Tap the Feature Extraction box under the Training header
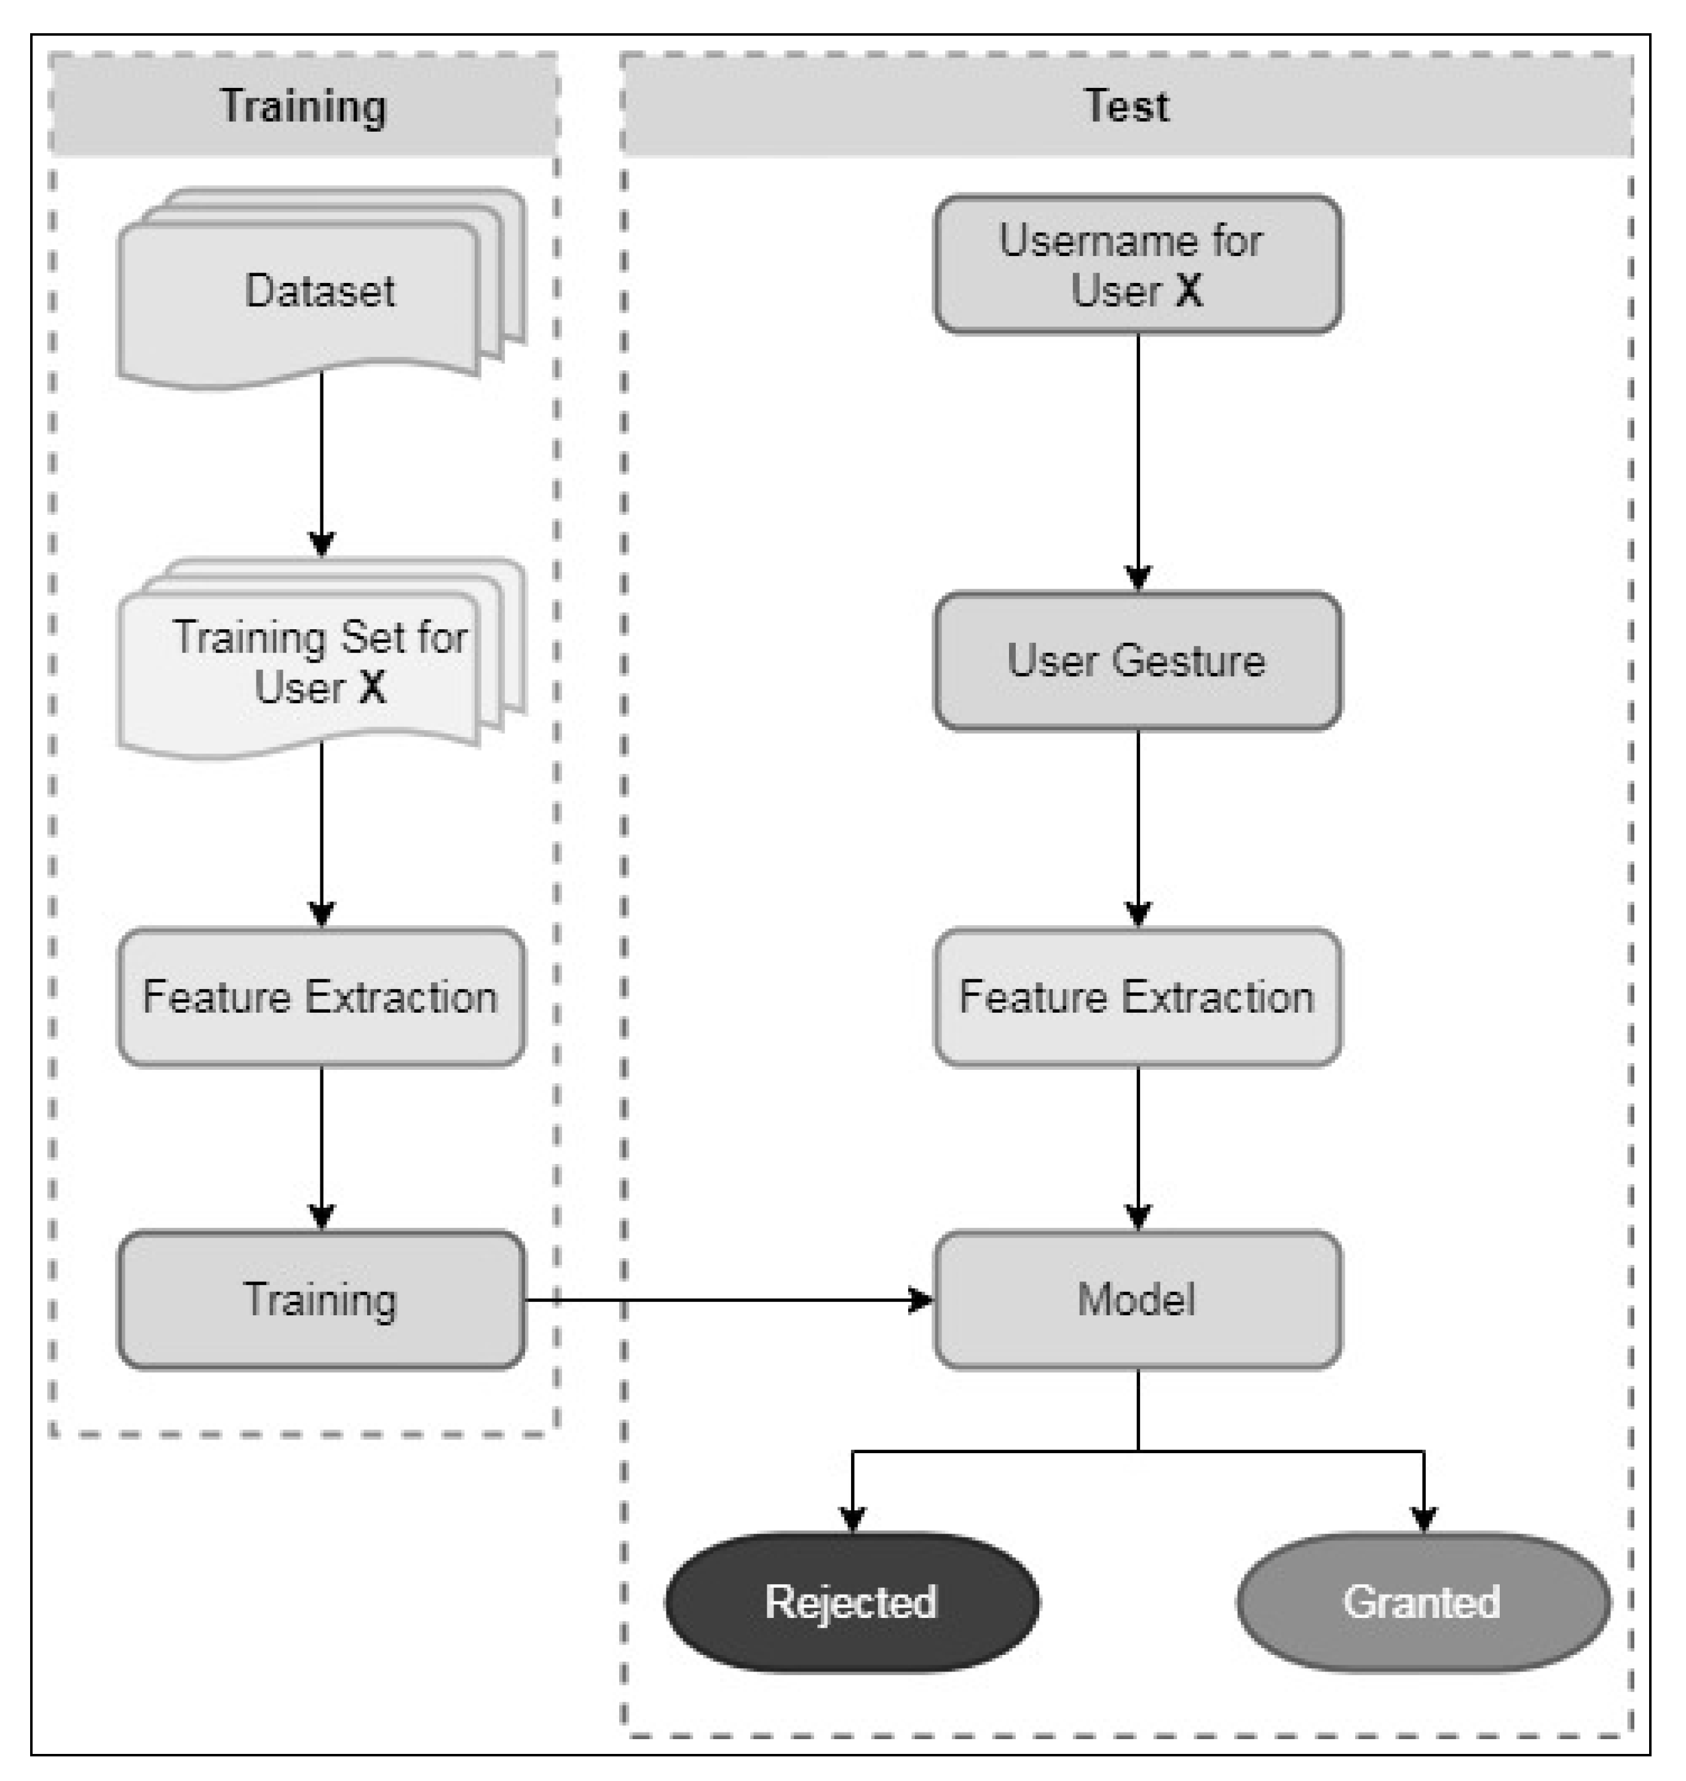(321, 997)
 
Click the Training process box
(321, 1300)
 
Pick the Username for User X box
(1137, 265)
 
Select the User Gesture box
(1137, 661)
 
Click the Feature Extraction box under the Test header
(1137, 997)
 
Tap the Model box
(1137, 1300)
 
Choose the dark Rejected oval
(851, 1602)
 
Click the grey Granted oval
(1423, 1602)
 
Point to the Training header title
(303, 106)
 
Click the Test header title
(1126, 106)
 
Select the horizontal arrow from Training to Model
(728, 1300)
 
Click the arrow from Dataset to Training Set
(322, 458)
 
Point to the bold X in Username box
(1188, 290)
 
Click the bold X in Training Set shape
(372, 688)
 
